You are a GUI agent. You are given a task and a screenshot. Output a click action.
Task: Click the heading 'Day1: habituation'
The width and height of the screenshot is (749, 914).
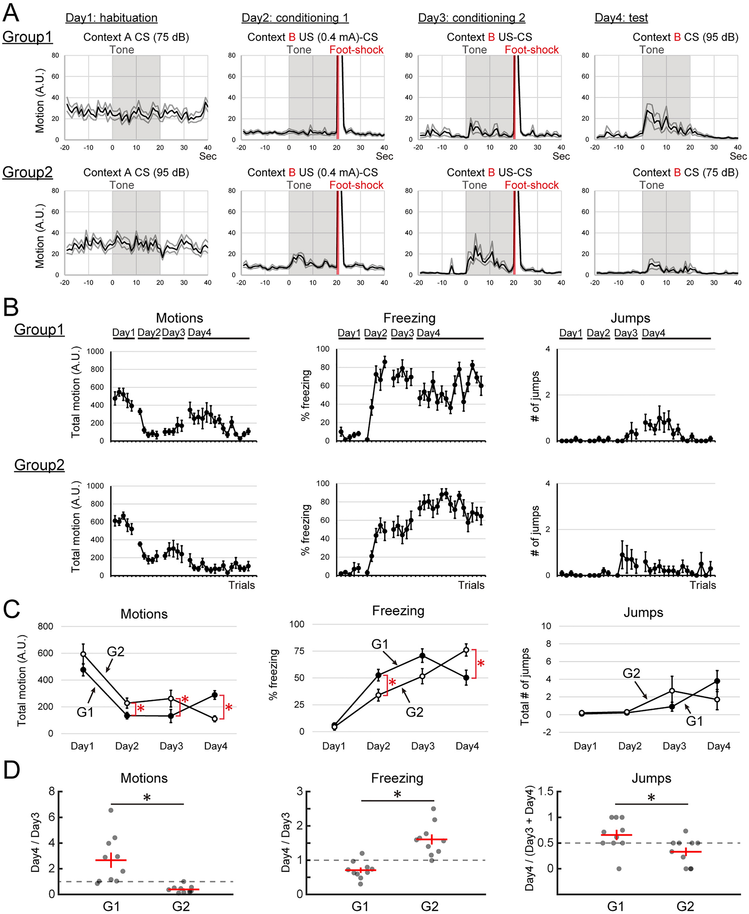click(111, 18)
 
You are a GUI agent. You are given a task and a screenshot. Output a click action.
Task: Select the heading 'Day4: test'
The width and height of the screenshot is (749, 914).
click(621, 18)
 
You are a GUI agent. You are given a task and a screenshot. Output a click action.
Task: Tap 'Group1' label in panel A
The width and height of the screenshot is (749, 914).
click(27, 37)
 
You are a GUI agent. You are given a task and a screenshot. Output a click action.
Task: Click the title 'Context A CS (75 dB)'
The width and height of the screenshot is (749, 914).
click(136, 37)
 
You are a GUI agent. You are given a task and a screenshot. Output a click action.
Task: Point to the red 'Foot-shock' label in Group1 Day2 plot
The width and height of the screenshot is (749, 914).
click(357, 50)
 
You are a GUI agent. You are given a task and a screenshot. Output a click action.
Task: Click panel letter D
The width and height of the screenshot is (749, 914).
click(12, 770)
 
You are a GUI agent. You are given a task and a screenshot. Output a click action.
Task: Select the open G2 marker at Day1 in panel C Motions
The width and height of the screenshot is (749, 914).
click(83, 654)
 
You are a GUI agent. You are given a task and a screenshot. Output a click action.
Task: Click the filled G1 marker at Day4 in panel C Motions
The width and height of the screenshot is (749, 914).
click(214, 695)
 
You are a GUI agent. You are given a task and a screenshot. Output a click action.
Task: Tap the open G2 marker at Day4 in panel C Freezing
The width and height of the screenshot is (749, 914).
click(466, 650)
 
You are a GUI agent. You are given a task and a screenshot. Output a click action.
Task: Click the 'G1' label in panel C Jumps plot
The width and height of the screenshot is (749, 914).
click(694, 721)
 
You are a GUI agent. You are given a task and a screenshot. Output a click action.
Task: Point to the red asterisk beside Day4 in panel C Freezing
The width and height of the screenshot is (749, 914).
click(481, 664)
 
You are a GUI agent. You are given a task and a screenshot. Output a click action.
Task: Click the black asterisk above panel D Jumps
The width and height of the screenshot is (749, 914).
click(651, 798)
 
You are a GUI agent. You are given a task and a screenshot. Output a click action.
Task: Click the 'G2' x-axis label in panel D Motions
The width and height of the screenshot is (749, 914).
click(181, 906)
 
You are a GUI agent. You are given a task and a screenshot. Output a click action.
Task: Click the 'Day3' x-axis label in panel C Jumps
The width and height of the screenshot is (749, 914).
click(674, 746)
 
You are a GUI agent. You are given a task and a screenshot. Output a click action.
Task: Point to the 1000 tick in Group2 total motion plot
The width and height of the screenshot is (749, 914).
click(95, 486)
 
